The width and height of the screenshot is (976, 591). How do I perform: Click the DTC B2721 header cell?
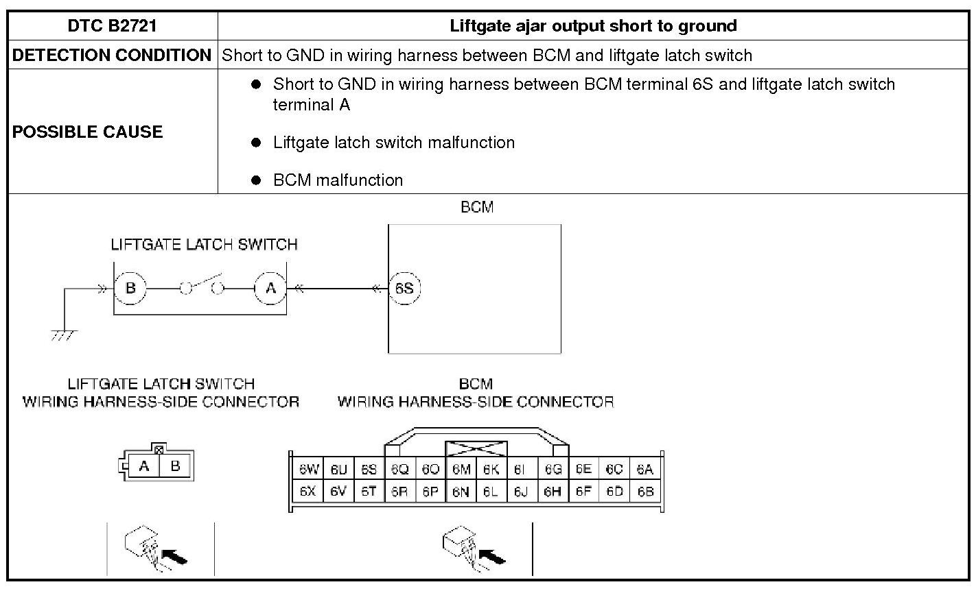113,26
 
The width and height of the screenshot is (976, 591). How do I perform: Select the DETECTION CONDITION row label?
112,56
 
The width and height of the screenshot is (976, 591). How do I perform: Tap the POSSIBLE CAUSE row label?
88,132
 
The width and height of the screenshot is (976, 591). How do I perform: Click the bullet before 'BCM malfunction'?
257,180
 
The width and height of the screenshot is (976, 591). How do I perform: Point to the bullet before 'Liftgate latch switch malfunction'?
257,143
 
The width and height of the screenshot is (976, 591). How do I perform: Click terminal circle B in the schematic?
130,288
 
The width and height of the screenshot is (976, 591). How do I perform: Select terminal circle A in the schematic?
270,288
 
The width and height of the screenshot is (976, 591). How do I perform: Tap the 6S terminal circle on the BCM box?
404,288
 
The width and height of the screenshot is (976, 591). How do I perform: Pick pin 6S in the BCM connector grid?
369,470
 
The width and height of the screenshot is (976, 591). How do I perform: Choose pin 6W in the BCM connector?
308,470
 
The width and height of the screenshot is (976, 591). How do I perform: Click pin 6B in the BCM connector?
645,492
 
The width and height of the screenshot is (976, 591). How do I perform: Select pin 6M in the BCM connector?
461,470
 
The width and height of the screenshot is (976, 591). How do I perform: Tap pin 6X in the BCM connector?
308,492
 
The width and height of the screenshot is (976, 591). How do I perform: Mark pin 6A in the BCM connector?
645,470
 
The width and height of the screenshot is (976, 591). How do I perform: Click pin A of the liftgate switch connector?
144,466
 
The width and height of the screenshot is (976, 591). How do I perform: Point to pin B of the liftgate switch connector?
176,466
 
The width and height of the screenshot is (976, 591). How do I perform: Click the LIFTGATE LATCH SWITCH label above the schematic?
204,245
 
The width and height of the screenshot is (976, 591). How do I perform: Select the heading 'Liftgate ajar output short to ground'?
593,26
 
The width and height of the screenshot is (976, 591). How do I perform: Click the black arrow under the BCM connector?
491,555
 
